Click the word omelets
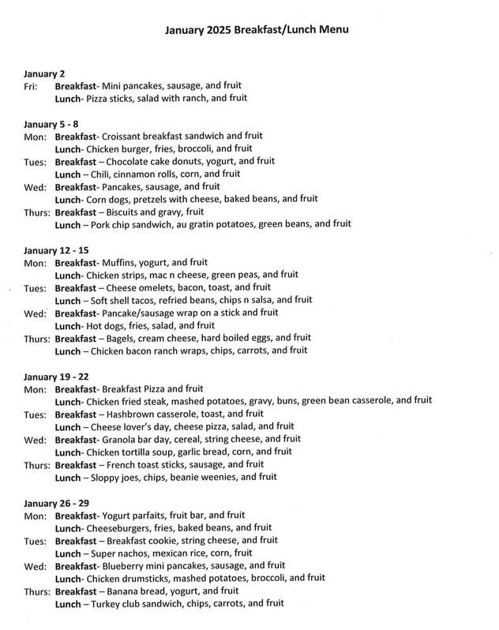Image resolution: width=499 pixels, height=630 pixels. tap(158, 287)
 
